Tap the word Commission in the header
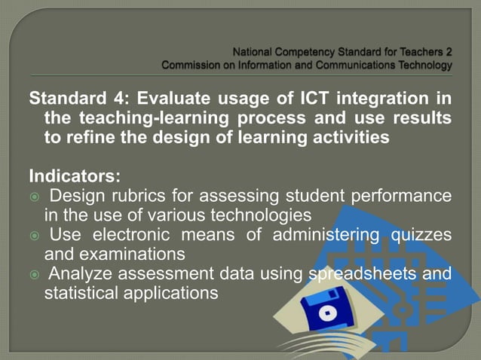point(193,66)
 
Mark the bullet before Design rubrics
point(34,197)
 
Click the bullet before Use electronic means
point(34,236)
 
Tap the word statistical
point(82,291)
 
